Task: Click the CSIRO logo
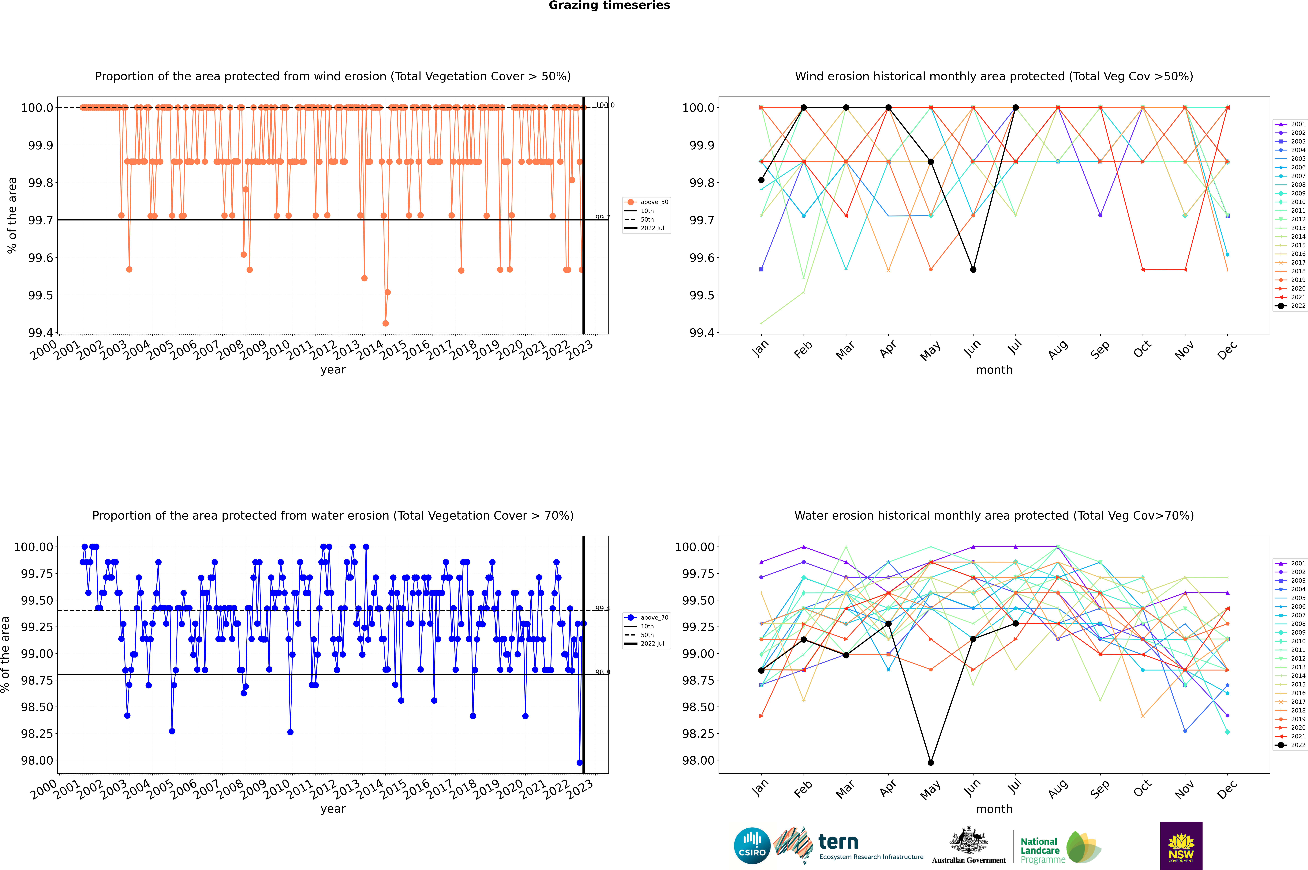coord(752,846)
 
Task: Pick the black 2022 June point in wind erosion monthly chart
coord(973,270)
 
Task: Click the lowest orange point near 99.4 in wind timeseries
coord(385,323)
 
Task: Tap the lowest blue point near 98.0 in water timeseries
coord(579,762)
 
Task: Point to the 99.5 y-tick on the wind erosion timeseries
coord(40,295)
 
